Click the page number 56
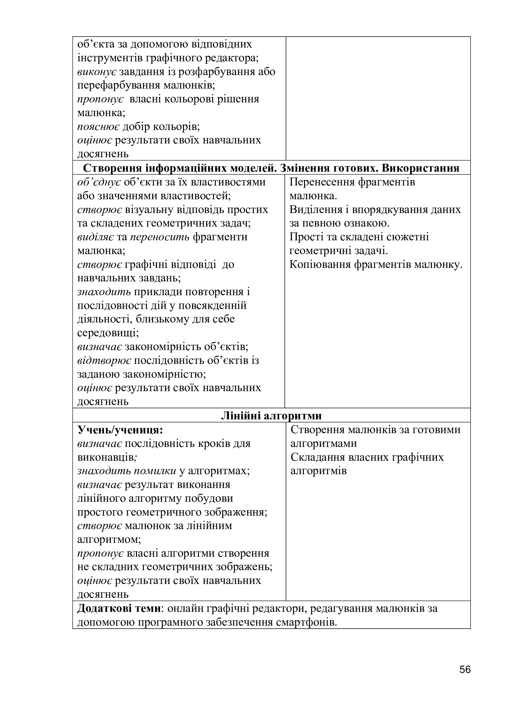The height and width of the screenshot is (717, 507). [465, 679]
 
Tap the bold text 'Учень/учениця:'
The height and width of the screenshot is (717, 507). [120, 430]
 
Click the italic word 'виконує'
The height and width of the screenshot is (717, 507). [97, 72]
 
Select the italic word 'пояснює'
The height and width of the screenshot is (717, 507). [98, 127]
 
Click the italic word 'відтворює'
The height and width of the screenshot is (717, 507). [104, 361]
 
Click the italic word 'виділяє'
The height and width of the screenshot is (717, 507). [95, 237]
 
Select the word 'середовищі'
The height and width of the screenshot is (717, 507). [108, 333]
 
